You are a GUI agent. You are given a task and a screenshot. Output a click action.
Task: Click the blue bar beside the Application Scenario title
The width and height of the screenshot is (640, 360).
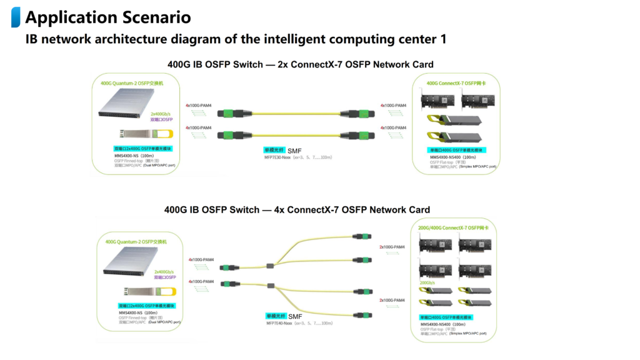click(16, 17)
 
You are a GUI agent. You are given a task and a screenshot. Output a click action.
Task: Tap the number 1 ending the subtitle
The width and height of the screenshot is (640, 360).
click(443, 39)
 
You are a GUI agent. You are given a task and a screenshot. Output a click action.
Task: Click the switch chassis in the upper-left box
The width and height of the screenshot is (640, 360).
click(127, 104)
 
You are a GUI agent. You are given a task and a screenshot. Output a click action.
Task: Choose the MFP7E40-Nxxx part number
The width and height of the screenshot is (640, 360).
click(279, 323)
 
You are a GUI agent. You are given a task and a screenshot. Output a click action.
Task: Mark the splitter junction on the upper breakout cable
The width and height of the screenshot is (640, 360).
click(270, 266)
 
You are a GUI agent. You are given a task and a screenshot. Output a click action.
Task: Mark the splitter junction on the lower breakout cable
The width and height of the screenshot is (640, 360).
click(271, 286)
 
